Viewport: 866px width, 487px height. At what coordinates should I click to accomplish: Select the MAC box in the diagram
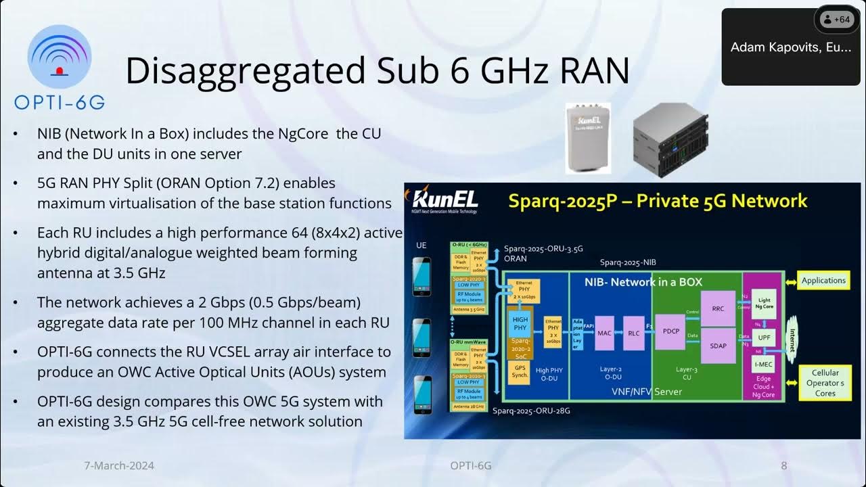[x=604, y=332]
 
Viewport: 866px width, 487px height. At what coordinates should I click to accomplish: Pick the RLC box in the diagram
[x=633, y=332]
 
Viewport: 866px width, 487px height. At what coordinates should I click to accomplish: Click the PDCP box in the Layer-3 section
[x=670, y=331]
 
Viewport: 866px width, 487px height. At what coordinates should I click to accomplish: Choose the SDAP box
[x=718, y=346]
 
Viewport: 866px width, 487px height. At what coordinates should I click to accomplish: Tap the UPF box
[x=764, y=336]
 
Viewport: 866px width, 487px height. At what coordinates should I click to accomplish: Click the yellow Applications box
[x=823, y=281]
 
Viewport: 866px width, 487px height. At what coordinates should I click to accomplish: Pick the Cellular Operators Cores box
[x=825, y=383]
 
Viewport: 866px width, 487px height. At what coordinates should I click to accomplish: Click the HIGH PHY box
[x=520, y=324]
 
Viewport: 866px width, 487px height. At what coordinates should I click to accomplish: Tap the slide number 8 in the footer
[x=784, y=465]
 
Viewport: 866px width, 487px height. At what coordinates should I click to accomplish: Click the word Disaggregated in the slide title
[x=237, y=70]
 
